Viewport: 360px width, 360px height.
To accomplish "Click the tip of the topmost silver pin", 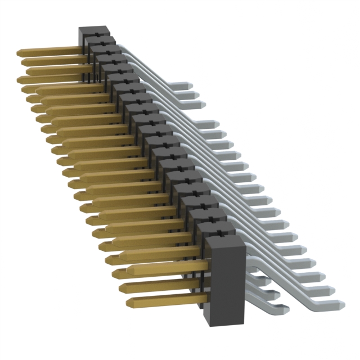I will pyautogui.click(x=191, y=84).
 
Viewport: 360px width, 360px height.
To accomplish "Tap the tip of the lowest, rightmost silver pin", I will pyautogui.click(x=341, y=304).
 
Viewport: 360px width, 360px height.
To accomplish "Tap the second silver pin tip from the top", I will pyautogui.click(x=197, y=94).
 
